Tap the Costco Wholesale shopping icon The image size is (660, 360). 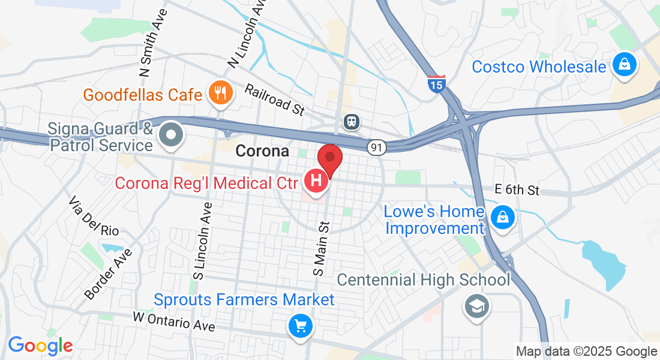625,66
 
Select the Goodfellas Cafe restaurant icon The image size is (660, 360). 221,94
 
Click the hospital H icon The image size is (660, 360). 316,180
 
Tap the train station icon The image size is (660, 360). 352,122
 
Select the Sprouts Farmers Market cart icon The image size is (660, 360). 300,326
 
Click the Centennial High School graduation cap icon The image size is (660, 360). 478,307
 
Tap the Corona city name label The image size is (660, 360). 262,151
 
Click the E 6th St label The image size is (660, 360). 517,190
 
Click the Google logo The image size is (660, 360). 40,346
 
